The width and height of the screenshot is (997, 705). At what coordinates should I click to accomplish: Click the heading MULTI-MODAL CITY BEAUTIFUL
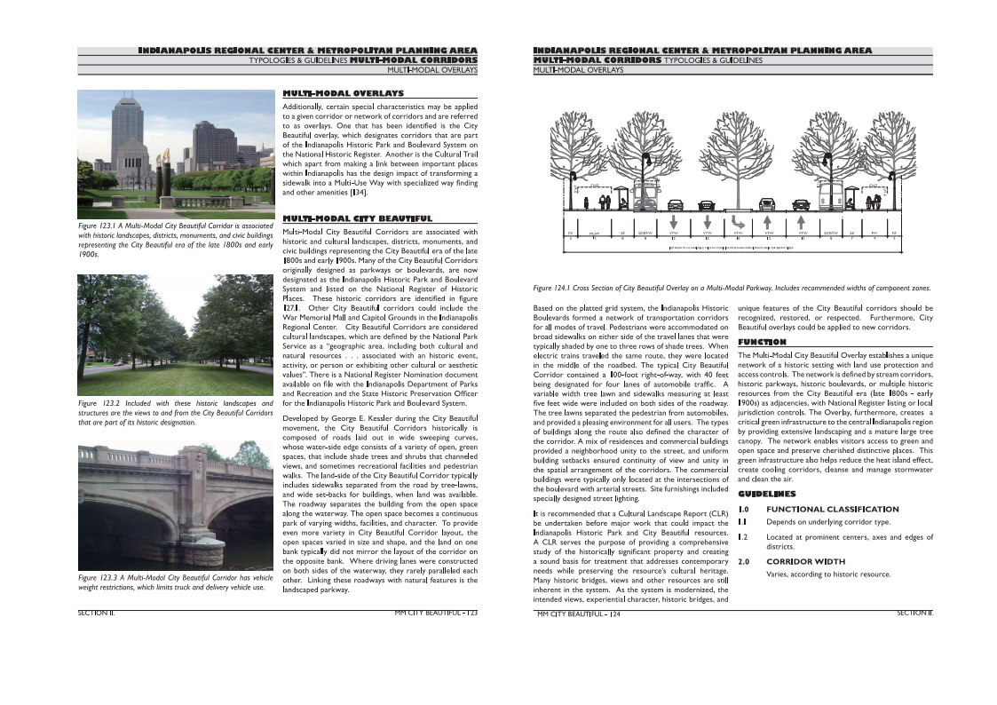pyautogui.click(x=357, y=218)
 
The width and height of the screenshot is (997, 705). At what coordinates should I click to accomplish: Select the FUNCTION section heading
pyautogui.click(x=762, y=342)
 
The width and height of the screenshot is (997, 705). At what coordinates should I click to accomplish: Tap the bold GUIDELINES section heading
pyautogui.click(x=767, y=493)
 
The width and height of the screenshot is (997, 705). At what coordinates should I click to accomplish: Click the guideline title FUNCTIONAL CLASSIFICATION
pyautogui.click(x=832, y=510)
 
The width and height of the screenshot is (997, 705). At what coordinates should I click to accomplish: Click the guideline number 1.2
pyautogui.click(x=744, y=537)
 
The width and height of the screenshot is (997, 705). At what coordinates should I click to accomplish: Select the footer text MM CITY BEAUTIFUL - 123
pyautogui.click(x=436, y=613)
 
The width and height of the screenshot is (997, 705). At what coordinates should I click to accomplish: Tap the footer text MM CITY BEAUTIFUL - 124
pyautogui.click(x=578, y=614)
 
